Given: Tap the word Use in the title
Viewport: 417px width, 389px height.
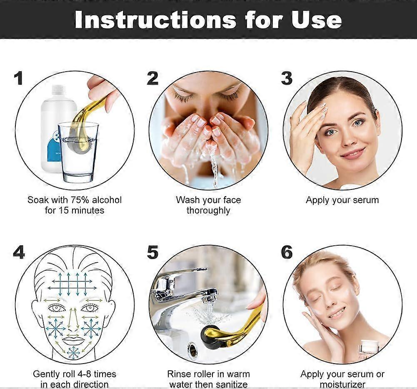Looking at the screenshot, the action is click(x=317, y=20).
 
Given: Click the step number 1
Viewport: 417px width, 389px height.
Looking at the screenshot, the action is click(x=18, y=78).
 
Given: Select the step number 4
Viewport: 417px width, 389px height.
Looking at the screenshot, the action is click(x=19, y=252).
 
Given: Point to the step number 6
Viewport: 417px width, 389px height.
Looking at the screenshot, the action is click(x=287, y=252).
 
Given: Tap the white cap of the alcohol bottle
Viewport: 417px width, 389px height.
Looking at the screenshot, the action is click(x=58, y=90).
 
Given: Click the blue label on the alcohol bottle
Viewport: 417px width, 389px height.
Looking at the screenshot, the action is click(x=55, y=150).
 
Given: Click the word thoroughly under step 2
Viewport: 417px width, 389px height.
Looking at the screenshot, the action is click(x=208, y=211).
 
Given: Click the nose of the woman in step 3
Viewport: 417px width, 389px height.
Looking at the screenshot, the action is click(x=345, y=138).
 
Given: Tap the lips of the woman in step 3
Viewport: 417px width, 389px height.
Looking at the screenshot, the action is click(x=352, y=154).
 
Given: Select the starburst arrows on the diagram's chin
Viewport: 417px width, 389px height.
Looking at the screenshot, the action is click(x=73, y=353).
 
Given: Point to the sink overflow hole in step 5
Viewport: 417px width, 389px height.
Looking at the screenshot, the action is click(x=192, y=350).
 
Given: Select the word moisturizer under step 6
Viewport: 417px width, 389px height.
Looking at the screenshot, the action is click(x=342, y=384).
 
